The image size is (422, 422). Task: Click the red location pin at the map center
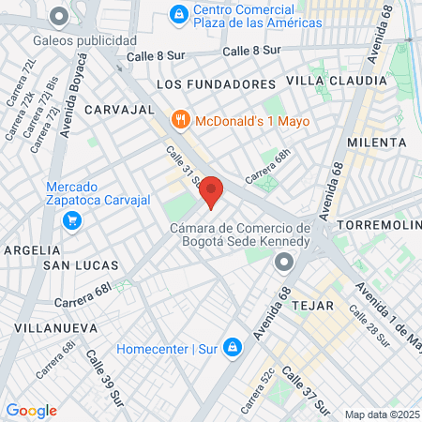point(211,191)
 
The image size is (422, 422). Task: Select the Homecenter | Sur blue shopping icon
point(233,350)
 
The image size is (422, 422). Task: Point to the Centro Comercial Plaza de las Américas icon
point(178,14)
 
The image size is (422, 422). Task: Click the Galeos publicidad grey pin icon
point(60,16)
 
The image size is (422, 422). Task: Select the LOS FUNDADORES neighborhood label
point(217,84)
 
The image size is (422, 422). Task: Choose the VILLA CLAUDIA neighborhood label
point(336,81)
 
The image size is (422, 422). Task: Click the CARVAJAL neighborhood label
point(118,110)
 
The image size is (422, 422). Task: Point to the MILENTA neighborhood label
point(377,143)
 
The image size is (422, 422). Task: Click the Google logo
point(31,411)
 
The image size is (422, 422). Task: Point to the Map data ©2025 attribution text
point(382,414)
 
